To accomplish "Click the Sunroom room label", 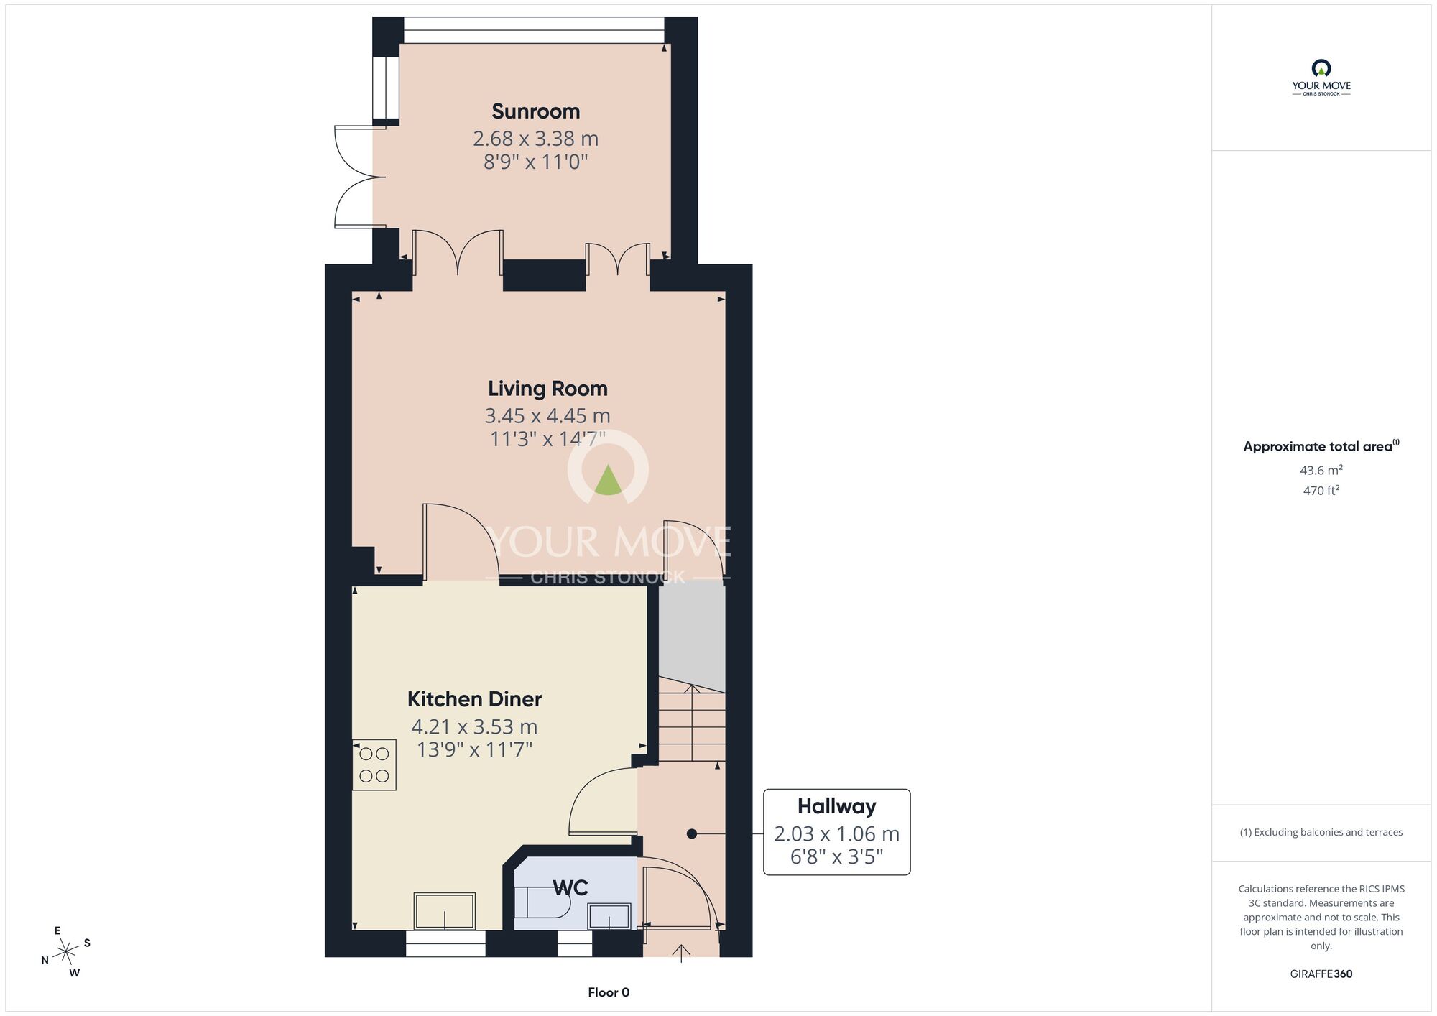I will click(535, 111).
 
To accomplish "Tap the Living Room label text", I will click(547, 389).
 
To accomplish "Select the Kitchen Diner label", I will click(474, 699).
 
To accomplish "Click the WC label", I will click(570, 888).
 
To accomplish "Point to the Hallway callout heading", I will click(836, 806).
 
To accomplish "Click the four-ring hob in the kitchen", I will click(374, 765).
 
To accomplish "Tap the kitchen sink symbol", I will click(444, 911).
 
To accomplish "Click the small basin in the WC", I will click(609, 916).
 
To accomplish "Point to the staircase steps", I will click(692, 726).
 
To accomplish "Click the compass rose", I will click(66, 951).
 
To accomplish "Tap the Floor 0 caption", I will click(609, 992).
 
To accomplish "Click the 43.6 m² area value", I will click(1321, 471).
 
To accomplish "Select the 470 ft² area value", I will click(1321, 491).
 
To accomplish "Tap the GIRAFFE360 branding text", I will click(1321, 974).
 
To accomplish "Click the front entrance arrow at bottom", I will click(680, 953).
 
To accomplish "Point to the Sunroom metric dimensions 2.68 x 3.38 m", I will click(535, 139).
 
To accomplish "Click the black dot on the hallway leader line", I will click(691, 834).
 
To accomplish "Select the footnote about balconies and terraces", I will click(1321, 832).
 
